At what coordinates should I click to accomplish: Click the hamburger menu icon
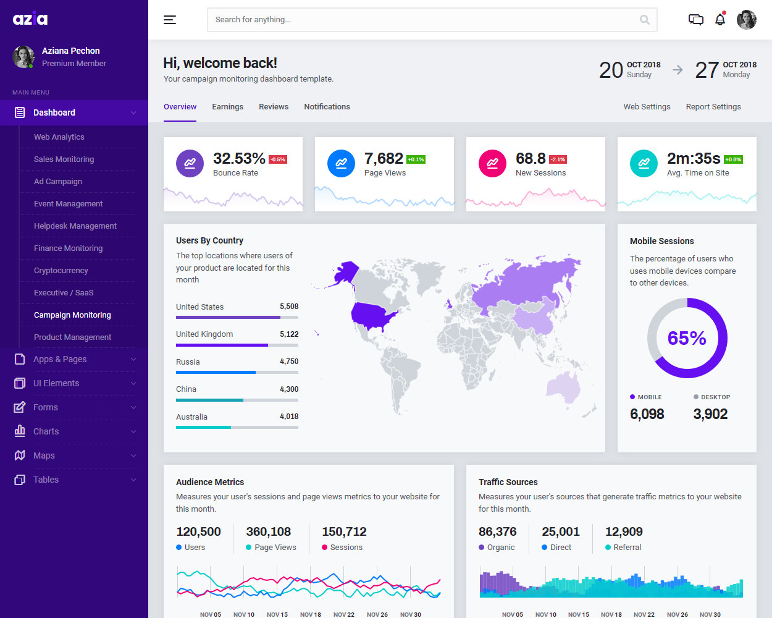(x=170, y=20)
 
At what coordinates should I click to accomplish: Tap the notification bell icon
(x=720, y=20)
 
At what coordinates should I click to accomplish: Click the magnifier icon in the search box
(x=644, y=20)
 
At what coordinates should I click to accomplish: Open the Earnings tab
(x=227, y=107)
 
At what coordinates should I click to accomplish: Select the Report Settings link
(x=713, y=107)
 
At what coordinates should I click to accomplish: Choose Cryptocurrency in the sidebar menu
(x=61, y=271)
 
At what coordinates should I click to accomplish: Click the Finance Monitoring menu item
(x=69, y=248)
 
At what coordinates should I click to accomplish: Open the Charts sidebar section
(x=46, y=431)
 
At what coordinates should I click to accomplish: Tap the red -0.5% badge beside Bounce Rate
(x=278, y=159)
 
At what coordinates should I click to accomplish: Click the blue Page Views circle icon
(x=341, y=163)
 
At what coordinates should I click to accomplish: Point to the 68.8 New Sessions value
(x=531, y=159)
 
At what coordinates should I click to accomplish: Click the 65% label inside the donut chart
(x=687, y=338)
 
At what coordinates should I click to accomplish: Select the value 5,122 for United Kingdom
(x=289, y=334)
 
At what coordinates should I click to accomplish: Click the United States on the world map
(x=373, y=315)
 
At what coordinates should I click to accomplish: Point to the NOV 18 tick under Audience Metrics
(x=311, y=614)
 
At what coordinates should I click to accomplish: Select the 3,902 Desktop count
(x=710, y=414)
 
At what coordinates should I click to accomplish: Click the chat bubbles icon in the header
(x=696, y=20)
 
